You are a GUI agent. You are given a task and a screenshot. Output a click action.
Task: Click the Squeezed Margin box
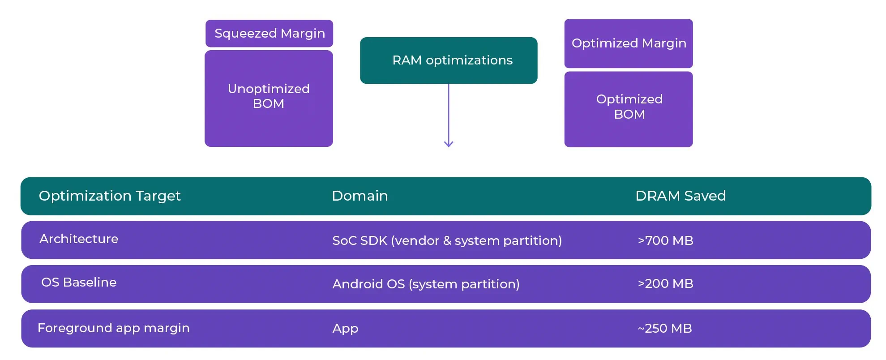point(269,34)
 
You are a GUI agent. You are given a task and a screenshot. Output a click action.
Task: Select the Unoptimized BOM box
point(269,99)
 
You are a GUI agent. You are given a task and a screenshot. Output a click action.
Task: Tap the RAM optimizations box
point(449,60)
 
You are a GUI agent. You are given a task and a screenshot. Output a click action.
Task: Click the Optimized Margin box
point(629,43)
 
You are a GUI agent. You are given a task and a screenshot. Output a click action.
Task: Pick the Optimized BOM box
point(629,109)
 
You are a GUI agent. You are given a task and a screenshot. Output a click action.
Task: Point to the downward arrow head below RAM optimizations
point(449,144)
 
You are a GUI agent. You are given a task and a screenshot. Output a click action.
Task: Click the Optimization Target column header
point(110,196)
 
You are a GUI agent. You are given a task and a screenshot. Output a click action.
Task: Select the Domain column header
point(360,196)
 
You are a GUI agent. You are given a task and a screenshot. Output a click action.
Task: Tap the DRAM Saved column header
point(681,196)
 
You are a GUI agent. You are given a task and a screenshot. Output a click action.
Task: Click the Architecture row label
point(79,239)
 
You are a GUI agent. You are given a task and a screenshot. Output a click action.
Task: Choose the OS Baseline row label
point(79,282)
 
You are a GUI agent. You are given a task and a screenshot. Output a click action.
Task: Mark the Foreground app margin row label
point(114,328)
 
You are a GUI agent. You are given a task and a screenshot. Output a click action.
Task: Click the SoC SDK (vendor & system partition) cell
point(447,240)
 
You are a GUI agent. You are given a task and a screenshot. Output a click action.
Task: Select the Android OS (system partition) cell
point(426,284)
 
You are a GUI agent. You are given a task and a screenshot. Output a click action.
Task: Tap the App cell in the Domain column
point(345,329)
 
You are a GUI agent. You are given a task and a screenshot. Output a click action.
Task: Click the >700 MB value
point(665,240)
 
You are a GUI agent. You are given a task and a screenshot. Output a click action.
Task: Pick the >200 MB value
point(665,283)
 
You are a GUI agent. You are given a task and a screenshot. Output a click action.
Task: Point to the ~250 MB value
point(665,328)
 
